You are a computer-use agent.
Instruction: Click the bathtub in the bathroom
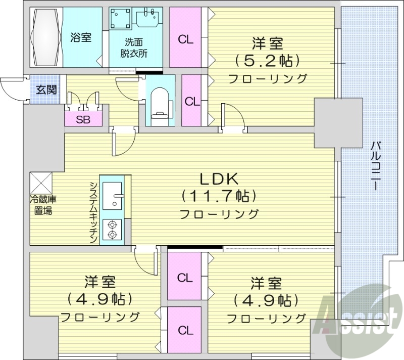pyautogui.click(x=46, y=37)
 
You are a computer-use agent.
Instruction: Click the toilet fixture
pyautogui.click(x=160, y=101)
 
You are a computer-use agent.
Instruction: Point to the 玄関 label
pyautogui.click(x=46, y=91)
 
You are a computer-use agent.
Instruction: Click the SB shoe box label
pyautogui.click(x=83, y=119)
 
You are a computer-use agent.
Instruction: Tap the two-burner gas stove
pyautogui.click(x=112, y=230)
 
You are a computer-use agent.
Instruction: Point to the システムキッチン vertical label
pyautogui.click(x=93, y=212)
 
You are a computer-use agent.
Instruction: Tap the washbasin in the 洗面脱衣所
pyautogui.click(x=150, y=19)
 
